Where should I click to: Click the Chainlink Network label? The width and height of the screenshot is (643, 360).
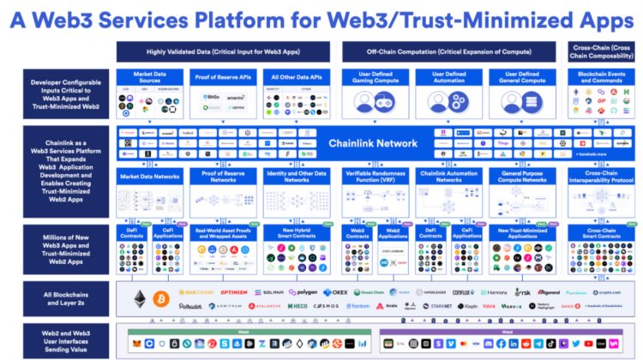click(x=373, y=143)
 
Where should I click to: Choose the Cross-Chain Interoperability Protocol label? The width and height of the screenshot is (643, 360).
click(x=602, y=177)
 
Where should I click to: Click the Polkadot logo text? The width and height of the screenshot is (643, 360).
click(x=191, y=305)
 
